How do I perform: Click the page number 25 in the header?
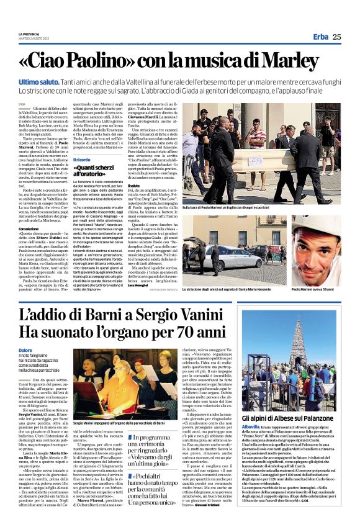pos(337,37)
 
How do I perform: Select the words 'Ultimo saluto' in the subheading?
pos(38,82)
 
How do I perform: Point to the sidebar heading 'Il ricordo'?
pos(82,160)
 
